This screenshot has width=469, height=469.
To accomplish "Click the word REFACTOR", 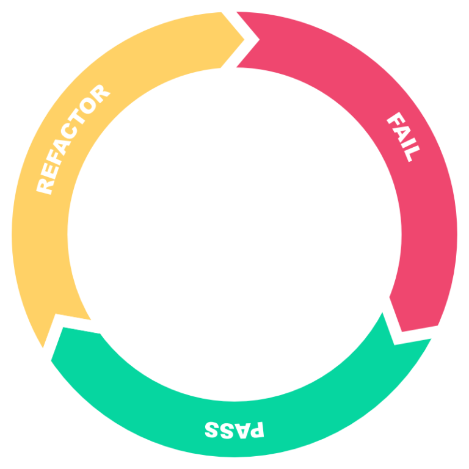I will click(73, 139).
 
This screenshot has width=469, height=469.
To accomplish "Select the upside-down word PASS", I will click(234, 429).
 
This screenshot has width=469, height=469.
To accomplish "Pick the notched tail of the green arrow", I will click(383, 313).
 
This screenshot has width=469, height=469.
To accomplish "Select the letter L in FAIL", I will click(410, 154).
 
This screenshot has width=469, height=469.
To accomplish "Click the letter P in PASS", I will click(257, 430).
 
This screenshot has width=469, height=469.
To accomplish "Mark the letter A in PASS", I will click(242, 430).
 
